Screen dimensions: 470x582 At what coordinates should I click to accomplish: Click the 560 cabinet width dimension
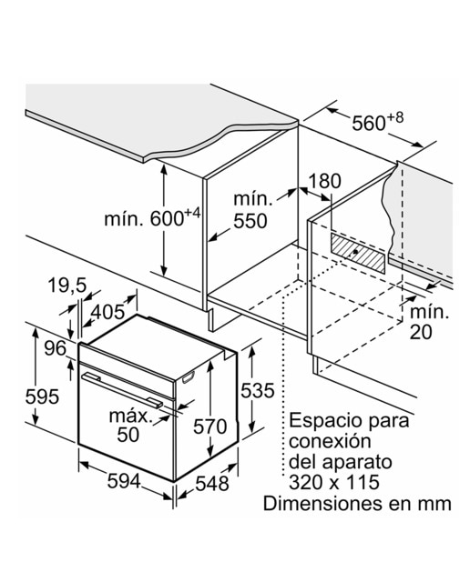(377, 121)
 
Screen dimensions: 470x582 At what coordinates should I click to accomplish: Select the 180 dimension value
(324, 181)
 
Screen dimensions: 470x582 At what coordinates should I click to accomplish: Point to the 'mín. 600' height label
(152, 218)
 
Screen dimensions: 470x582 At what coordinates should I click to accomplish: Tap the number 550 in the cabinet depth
(250, 221)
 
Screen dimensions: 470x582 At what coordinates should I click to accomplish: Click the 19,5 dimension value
(66, 286)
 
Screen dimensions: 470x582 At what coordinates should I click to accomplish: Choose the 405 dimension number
(108, 312)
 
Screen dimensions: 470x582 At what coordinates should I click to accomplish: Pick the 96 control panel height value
(56, 348)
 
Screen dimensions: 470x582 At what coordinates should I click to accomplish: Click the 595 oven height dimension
(42, 396)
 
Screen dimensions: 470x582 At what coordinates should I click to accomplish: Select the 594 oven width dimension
(124, 481)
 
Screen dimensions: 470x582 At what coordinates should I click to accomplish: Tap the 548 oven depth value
(212, 484)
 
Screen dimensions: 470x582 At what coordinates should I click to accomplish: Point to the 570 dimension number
(210, 426)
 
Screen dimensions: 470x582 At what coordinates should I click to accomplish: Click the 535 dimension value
(257, 390)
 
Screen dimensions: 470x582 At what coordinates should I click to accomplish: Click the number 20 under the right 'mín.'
(421, 332)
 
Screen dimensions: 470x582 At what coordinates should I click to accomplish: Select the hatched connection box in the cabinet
(357, 253)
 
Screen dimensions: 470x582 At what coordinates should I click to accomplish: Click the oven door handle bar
(122, 390)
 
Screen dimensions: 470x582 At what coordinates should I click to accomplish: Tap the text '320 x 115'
(334, 482)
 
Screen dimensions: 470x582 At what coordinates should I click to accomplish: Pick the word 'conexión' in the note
(331, 441)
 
